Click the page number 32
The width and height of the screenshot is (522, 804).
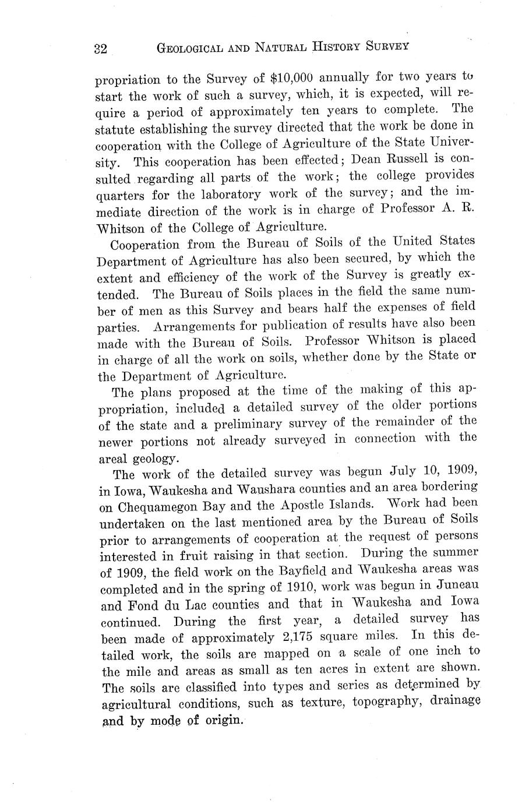point(100,49)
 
